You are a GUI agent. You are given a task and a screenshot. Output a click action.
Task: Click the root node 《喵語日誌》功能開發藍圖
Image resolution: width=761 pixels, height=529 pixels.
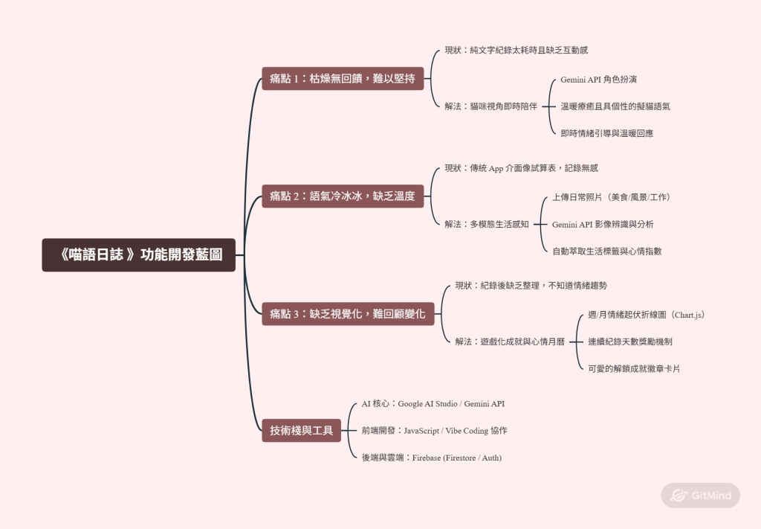139,254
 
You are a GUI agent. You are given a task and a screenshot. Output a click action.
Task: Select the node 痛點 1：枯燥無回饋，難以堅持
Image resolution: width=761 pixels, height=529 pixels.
343,78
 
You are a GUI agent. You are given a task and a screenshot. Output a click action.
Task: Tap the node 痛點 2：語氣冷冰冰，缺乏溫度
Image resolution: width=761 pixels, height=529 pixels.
343,196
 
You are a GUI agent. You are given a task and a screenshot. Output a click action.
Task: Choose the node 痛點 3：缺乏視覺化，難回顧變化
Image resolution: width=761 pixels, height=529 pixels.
348,314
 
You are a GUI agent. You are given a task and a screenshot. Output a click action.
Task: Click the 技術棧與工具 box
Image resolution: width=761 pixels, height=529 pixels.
302,430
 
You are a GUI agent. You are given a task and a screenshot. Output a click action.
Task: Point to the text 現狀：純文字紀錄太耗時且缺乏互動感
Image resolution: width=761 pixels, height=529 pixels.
516,50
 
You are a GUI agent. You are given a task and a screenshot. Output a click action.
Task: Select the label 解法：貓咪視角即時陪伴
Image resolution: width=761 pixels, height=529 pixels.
491,106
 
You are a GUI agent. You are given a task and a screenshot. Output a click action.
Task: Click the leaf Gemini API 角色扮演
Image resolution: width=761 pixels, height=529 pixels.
598,80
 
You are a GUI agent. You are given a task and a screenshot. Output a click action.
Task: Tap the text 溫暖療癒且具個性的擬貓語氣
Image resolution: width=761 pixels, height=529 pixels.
615,106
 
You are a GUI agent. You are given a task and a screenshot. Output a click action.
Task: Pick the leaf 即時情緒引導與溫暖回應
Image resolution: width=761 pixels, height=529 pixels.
606,133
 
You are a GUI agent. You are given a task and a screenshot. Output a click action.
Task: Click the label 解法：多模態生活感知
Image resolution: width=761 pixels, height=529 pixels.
487,224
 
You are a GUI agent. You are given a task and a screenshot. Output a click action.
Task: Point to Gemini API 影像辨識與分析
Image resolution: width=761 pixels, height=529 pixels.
603,225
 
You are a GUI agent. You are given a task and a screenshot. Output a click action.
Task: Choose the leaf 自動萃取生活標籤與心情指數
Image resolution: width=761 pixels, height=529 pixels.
607,251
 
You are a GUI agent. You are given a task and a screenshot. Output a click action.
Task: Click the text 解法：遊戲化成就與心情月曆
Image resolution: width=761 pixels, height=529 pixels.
510,342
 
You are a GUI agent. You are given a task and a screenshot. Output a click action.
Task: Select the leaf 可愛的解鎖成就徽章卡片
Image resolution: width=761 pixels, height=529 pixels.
634,369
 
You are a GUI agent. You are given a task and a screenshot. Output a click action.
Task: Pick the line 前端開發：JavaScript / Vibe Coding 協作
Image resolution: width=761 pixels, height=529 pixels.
434,430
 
